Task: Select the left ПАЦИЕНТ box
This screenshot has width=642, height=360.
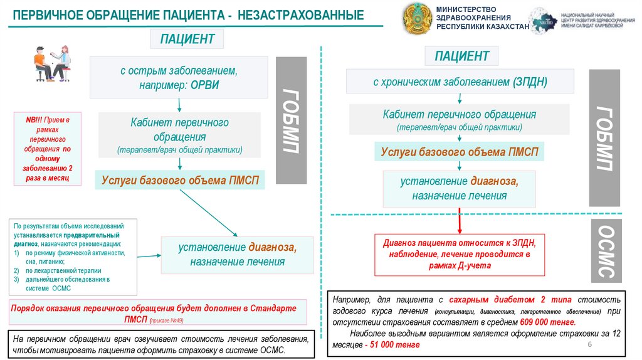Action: click(x=187, y=40)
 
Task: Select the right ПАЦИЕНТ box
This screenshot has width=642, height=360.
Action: click(x=461, y=56)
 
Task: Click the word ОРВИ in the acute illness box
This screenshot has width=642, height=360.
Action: click(x=201, y=84)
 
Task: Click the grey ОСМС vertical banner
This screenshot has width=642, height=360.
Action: click(x=605, y=250)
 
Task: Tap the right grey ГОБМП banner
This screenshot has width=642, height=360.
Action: click(x=604, y=137)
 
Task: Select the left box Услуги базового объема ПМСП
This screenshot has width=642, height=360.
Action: click(x=180, y=181)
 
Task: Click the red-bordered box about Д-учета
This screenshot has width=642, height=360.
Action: click(x=460, y=254)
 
